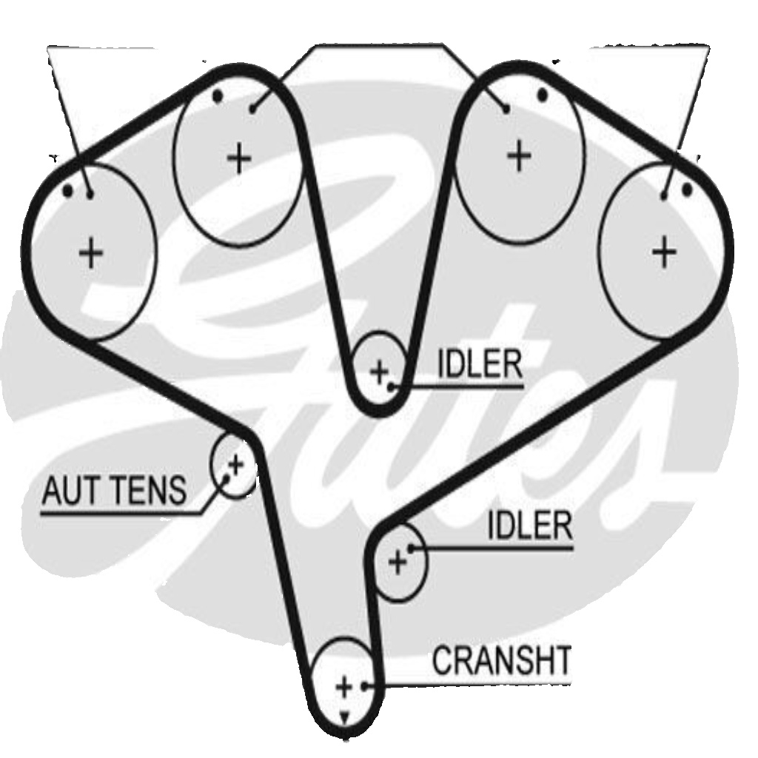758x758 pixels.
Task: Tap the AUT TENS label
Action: (x=114, y=490)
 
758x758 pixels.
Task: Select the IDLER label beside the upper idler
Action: (x=480, y=364)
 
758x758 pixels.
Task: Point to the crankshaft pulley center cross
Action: (x=344, y=686)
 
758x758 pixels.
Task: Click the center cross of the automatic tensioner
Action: (x=236, y=465)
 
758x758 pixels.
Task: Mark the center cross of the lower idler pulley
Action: (x=398, y=563)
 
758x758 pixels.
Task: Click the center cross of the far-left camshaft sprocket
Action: (x=91, y=252)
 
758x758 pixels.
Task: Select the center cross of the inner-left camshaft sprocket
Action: (x=239, y=158)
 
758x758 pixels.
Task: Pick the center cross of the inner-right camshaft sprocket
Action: (x=519, y=155)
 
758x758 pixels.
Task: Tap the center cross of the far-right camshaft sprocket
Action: (x=664, y=252)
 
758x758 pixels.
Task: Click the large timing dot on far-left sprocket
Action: (x=68, y=192)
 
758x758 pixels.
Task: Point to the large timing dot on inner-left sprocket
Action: (x=218, y=96)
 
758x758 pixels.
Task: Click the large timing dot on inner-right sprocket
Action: (x=543, y=95)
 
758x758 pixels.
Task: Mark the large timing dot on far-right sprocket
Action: (x=687, y=189)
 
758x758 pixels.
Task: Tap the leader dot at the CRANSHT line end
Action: (x=365, y=685)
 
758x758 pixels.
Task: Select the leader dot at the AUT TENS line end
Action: (x=227, y=478)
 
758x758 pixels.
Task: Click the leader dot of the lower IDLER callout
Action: (x=410, y=549)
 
